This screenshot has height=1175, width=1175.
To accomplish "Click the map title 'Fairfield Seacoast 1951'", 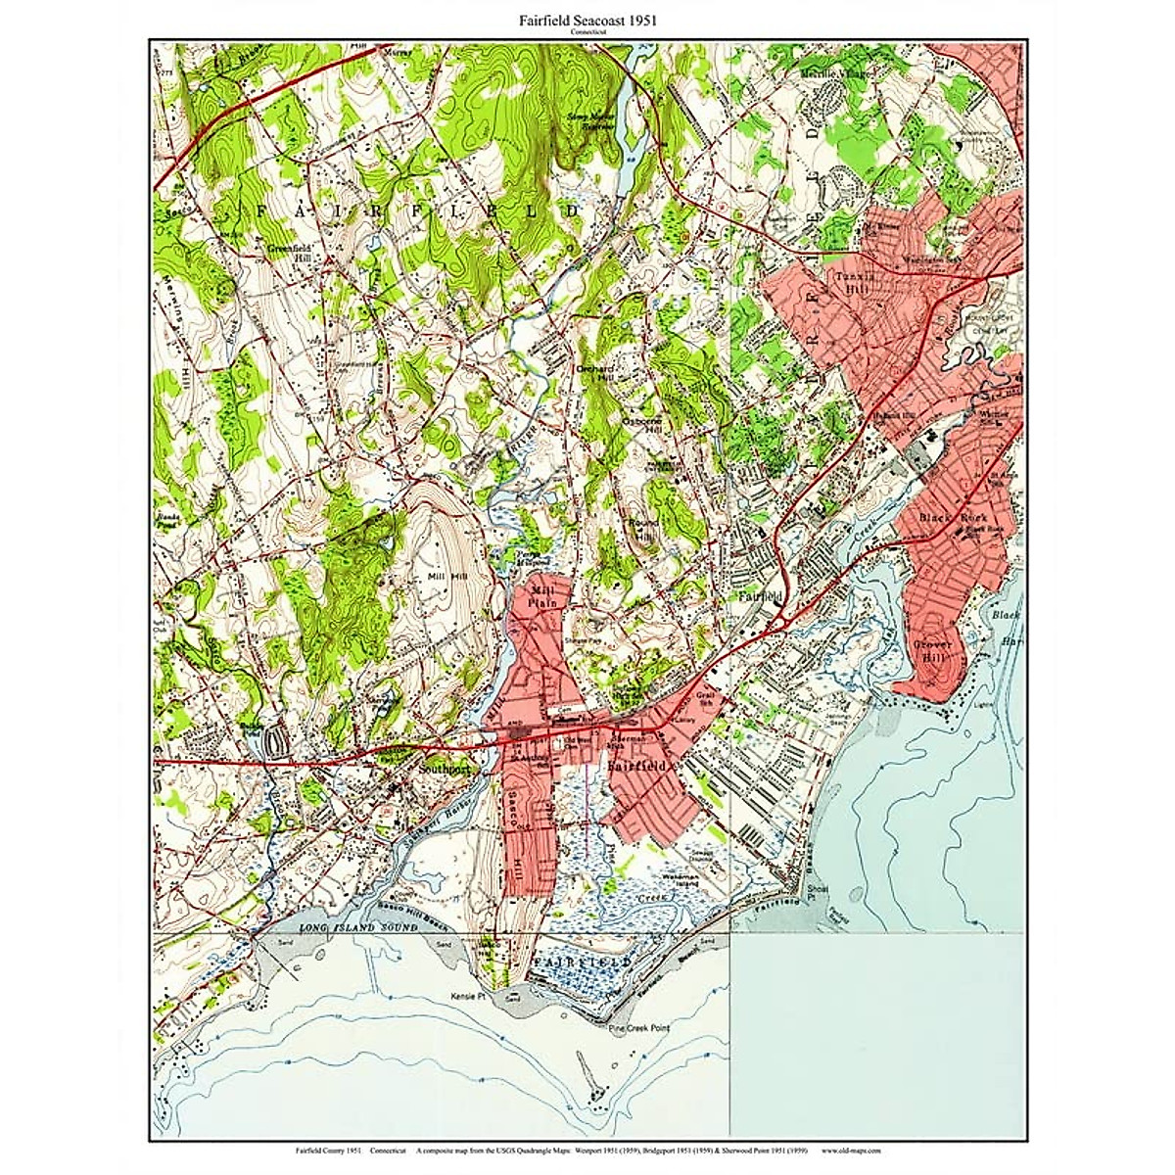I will click(x=587, y=20).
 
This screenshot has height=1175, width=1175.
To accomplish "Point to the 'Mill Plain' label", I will click(x=541, y=598).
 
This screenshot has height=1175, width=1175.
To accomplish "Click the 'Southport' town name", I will click(x=444, y=771).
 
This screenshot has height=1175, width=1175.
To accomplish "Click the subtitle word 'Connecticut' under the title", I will click(x=587, y=32).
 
